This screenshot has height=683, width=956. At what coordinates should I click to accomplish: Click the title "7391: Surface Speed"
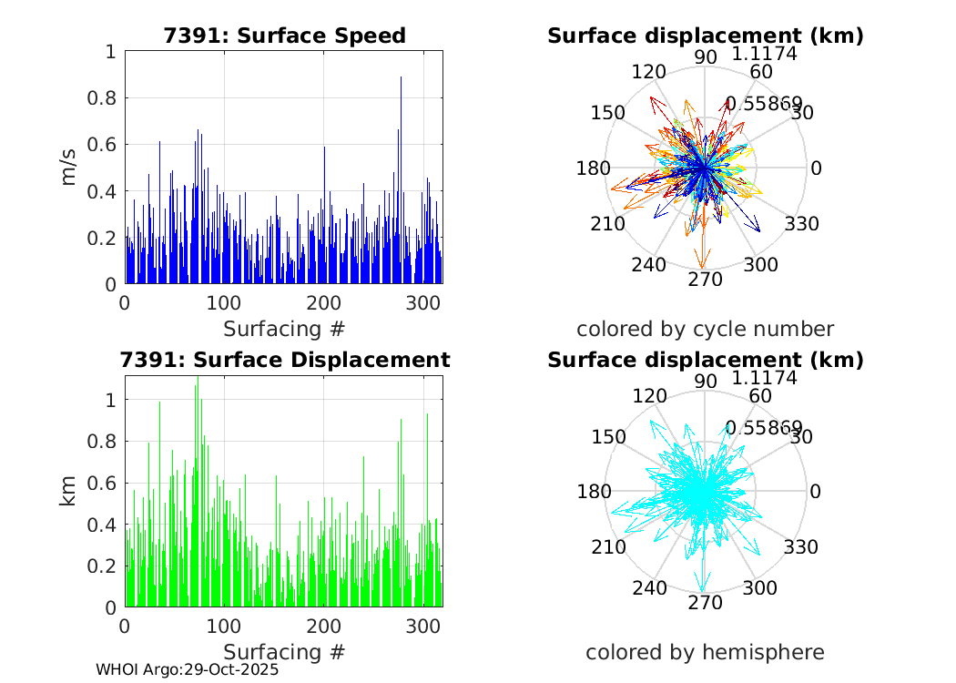pos(284,36)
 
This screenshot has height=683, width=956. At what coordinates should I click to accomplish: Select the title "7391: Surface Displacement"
pos(285,360)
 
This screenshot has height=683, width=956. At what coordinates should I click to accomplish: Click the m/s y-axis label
pos(69,168)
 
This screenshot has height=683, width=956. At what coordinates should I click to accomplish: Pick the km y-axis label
pos(69,491)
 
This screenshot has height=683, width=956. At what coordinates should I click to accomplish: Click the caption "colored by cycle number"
pos(705,329)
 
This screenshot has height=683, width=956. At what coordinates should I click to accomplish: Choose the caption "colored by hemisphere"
pos(705,652)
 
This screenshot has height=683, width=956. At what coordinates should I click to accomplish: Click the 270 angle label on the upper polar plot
pos(705,280)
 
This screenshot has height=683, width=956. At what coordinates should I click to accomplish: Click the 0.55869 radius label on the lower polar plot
pos(763,428)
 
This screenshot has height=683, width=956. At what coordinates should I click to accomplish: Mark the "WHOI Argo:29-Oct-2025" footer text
pos(187,669)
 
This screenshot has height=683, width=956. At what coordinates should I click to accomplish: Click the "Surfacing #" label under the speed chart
pos(284,328)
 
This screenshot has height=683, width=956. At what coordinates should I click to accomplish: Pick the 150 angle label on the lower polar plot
pos(607,436)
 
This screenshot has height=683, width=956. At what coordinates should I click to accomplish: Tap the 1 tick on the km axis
pos(109,400)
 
